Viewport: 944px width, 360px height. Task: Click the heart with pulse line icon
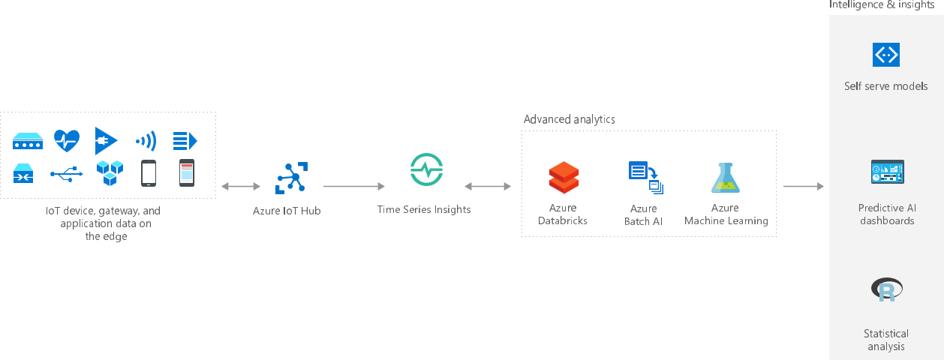67,139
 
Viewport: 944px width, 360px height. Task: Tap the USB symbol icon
67,175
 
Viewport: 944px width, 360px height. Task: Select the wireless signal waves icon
146,140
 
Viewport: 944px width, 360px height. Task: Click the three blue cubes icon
109,173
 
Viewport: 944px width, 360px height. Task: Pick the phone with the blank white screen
149,173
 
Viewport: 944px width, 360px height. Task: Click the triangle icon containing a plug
106,139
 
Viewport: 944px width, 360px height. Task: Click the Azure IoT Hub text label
287,211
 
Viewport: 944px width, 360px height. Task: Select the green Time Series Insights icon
426,170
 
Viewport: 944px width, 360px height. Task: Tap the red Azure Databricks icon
563,178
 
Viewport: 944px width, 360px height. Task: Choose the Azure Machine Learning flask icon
726,178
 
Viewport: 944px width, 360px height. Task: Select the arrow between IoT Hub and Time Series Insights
353,186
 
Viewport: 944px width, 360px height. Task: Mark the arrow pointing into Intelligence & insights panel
803,186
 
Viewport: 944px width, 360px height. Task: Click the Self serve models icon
886,55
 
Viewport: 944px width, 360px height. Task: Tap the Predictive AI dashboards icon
886,172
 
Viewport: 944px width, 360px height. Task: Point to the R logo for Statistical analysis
886,289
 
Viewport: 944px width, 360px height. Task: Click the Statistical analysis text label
886,340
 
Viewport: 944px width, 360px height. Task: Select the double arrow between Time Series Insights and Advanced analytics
487,186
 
